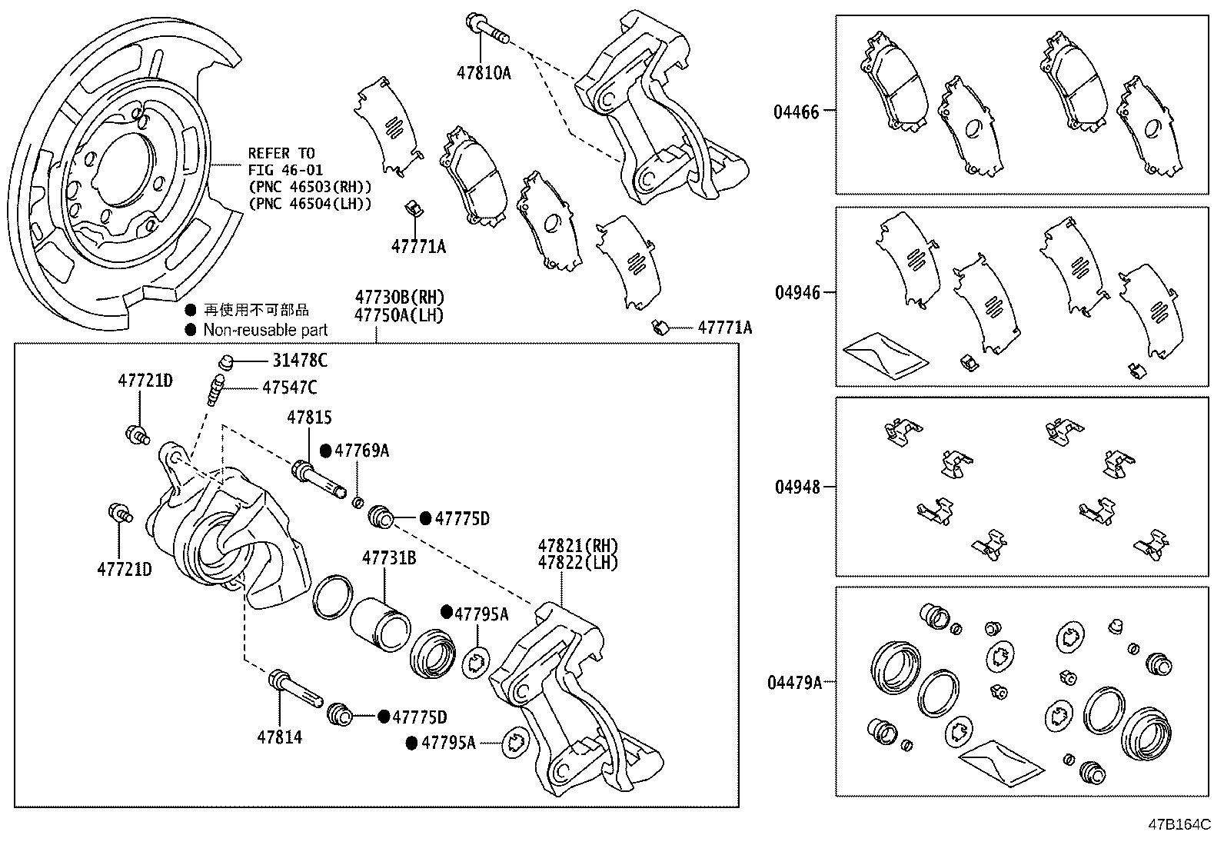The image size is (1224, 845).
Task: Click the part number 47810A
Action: tap(483, 73)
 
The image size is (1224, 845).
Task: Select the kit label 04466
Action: tap(796, 111)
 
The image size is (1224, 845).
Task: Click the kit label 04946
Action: tap(797, 293)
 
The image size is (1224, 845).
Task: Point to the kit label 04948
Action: tap(797, 487)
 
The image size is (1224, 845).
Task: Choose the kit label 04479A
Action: tap(793, 682)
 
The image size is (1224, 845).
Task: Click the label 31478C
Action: tap(299, 360)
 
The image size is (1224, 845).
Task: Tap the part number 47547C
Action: tap(289, 388)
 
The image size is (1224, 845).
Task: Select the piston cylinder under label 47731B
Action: tap(380, 620)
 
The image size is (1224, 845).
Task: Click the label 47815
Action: tap(309, 418)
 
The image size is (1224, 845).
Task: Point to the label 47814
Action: tap(279, 737)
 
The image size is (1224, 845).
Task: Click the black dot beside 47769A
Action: tap(325, 451)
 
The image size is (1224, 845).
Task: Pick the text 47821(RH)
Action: tap(577, 545)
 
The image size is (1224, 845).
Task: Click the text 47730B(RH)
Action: tap(399, 297)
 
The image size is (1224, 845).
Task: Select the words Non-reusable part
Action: tap(265, 330)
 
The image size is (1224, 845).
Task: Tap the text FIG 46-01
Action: tap(285, 170)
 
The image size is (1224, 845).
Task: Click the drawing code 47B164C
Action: tap(1179, 824)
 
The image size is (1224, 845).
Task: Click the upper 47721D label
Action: tap(145, 380)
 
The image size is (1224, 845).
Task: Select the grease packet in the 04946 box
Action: tap(885, 356)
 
